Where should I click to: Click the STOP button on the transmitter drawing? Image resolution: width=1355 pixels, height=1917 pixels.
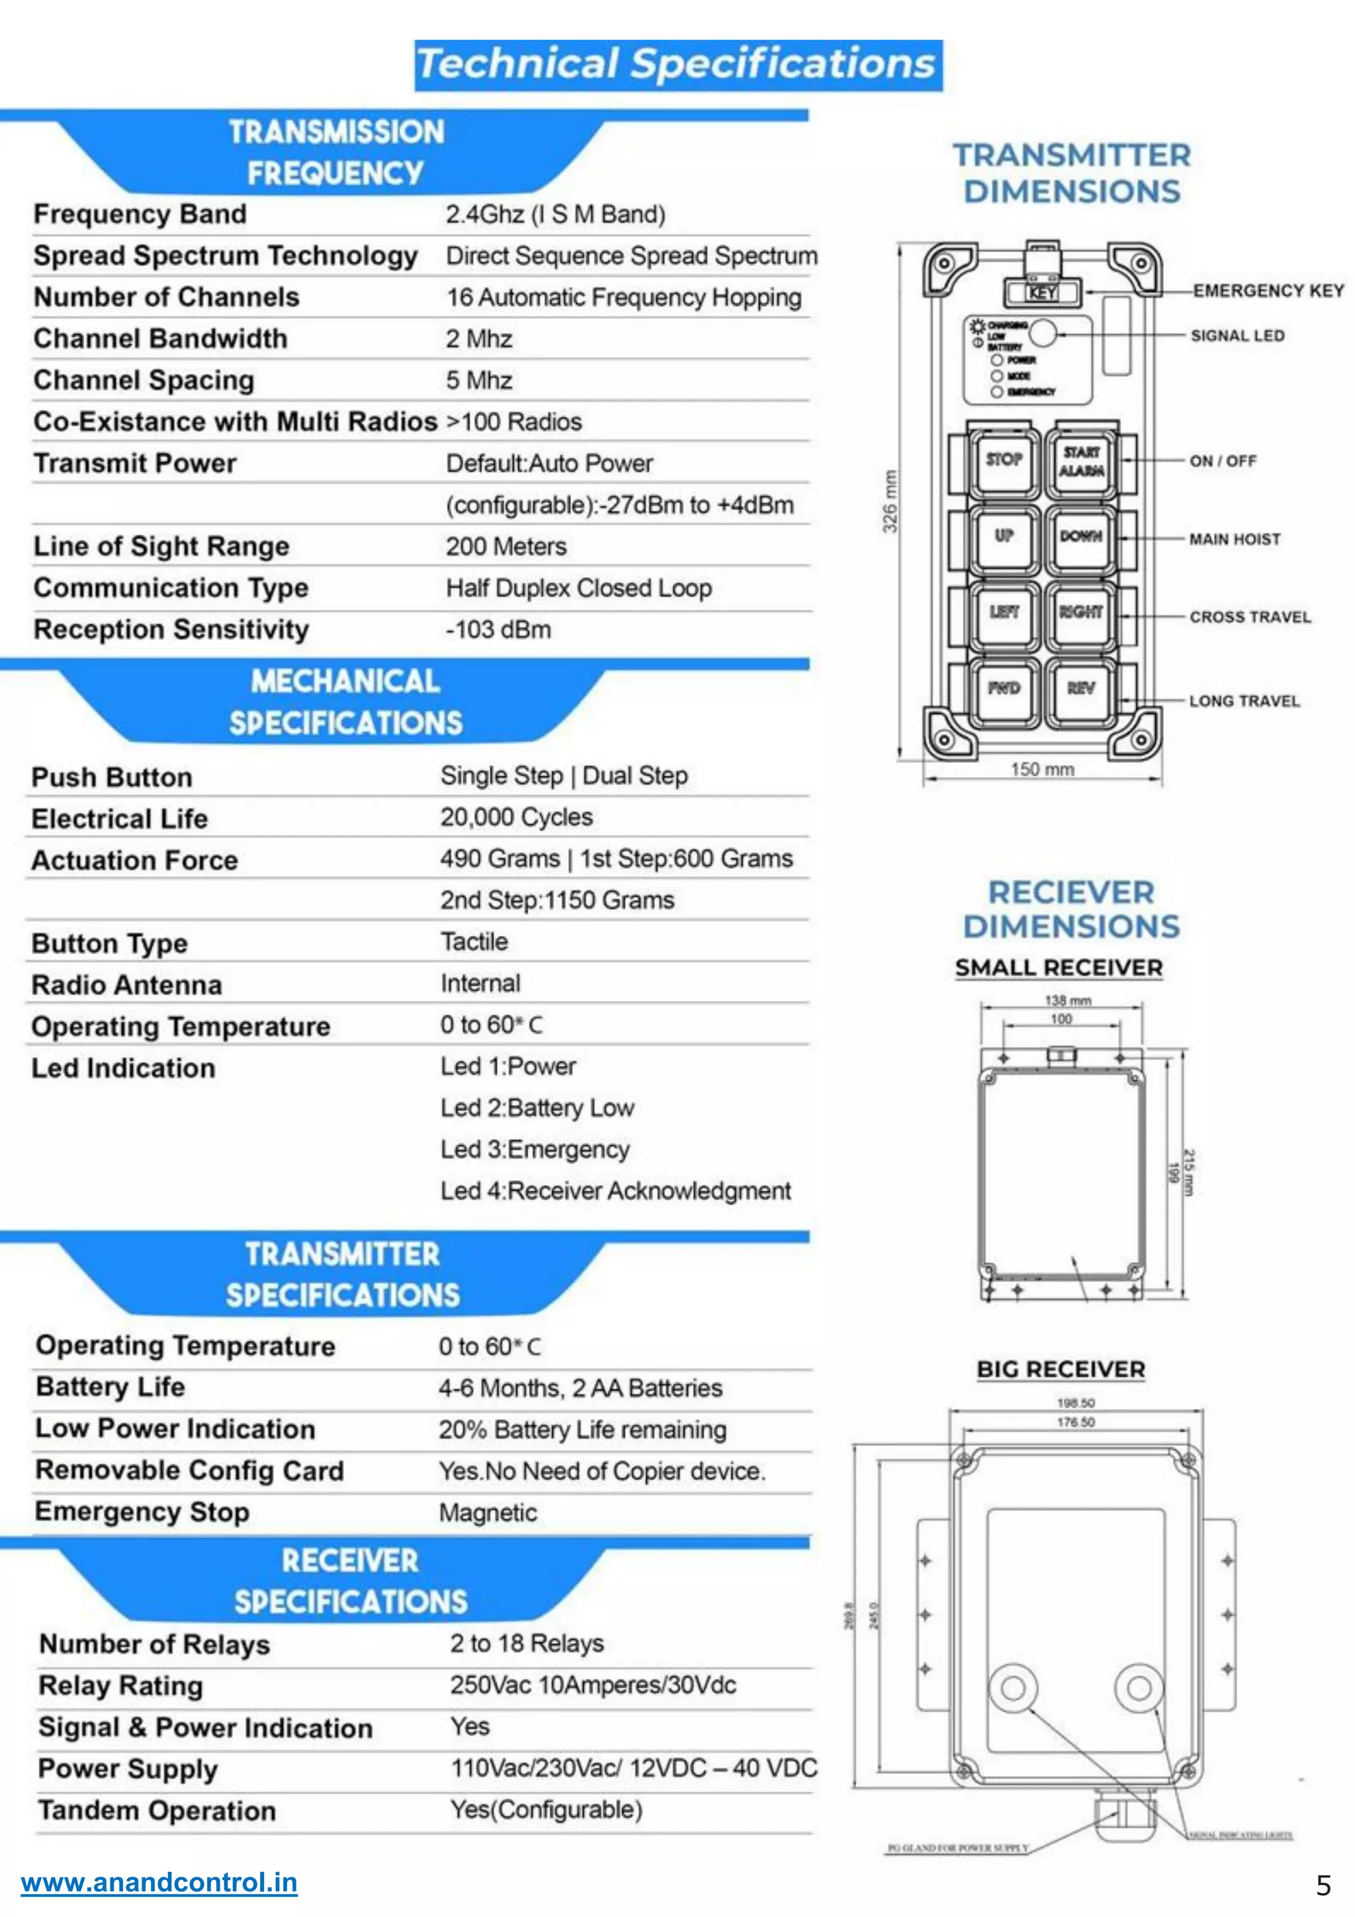tap(1004, 459)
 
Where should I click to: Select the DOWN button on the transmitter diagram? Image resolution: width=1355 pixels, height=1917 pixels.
tap(1081, 536)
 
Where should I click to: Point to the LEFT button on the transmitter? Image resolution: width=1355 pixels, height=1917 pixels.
tap(1004, 612)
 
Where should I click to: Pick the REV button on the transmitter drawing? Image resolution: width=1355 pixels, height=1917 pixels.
tap(1081, 688)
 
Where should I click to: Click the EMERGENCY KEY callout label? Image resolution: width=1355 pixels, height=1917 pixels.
tap(1268, 290)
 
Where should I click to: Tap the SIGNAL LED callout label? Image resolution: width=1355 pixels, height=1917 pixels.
tap(1237, 335)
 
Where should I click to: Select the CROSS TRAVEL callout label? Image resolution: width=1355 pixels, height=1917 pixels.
tap(1250, 617)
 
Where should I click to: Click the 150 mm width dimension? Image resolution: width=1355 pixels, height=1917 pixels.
tap(1042, 769)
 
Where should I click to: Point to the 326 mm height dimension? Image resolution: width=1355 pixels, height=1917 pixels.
tap(891, 501)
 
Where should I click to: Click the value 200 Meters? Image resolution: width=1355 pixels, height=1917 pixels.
tap(506, 547)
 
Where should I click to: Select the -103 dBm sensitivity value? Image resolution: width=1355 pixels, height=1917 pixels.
tap(498, 630)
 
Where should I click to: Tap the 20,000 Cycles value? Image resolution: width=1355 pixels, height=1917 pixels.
tap(517, 818)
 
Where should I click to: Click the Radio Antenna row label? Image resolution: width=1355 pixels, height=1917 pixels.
tap(127, 985)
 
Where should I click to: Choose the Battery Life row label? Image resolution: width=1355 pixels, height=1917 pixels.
tap(110, 1387)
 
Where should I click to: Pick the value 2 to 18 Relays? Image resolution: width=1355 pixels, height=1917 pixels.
tap(527, 1643)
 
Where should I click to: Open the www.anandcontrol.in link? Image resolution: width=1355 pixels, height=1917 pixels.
tap(159, 1882)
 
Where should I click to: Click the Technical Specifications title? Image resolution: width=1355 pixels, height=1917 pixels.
tap(678, 65)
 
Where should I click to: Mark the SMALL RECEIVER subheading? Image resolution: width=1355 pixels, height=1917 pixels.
tap(1059, 968)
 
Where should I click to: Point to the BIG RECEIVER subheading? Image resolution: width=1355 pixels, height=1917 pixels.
tap(1061, 1369)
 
